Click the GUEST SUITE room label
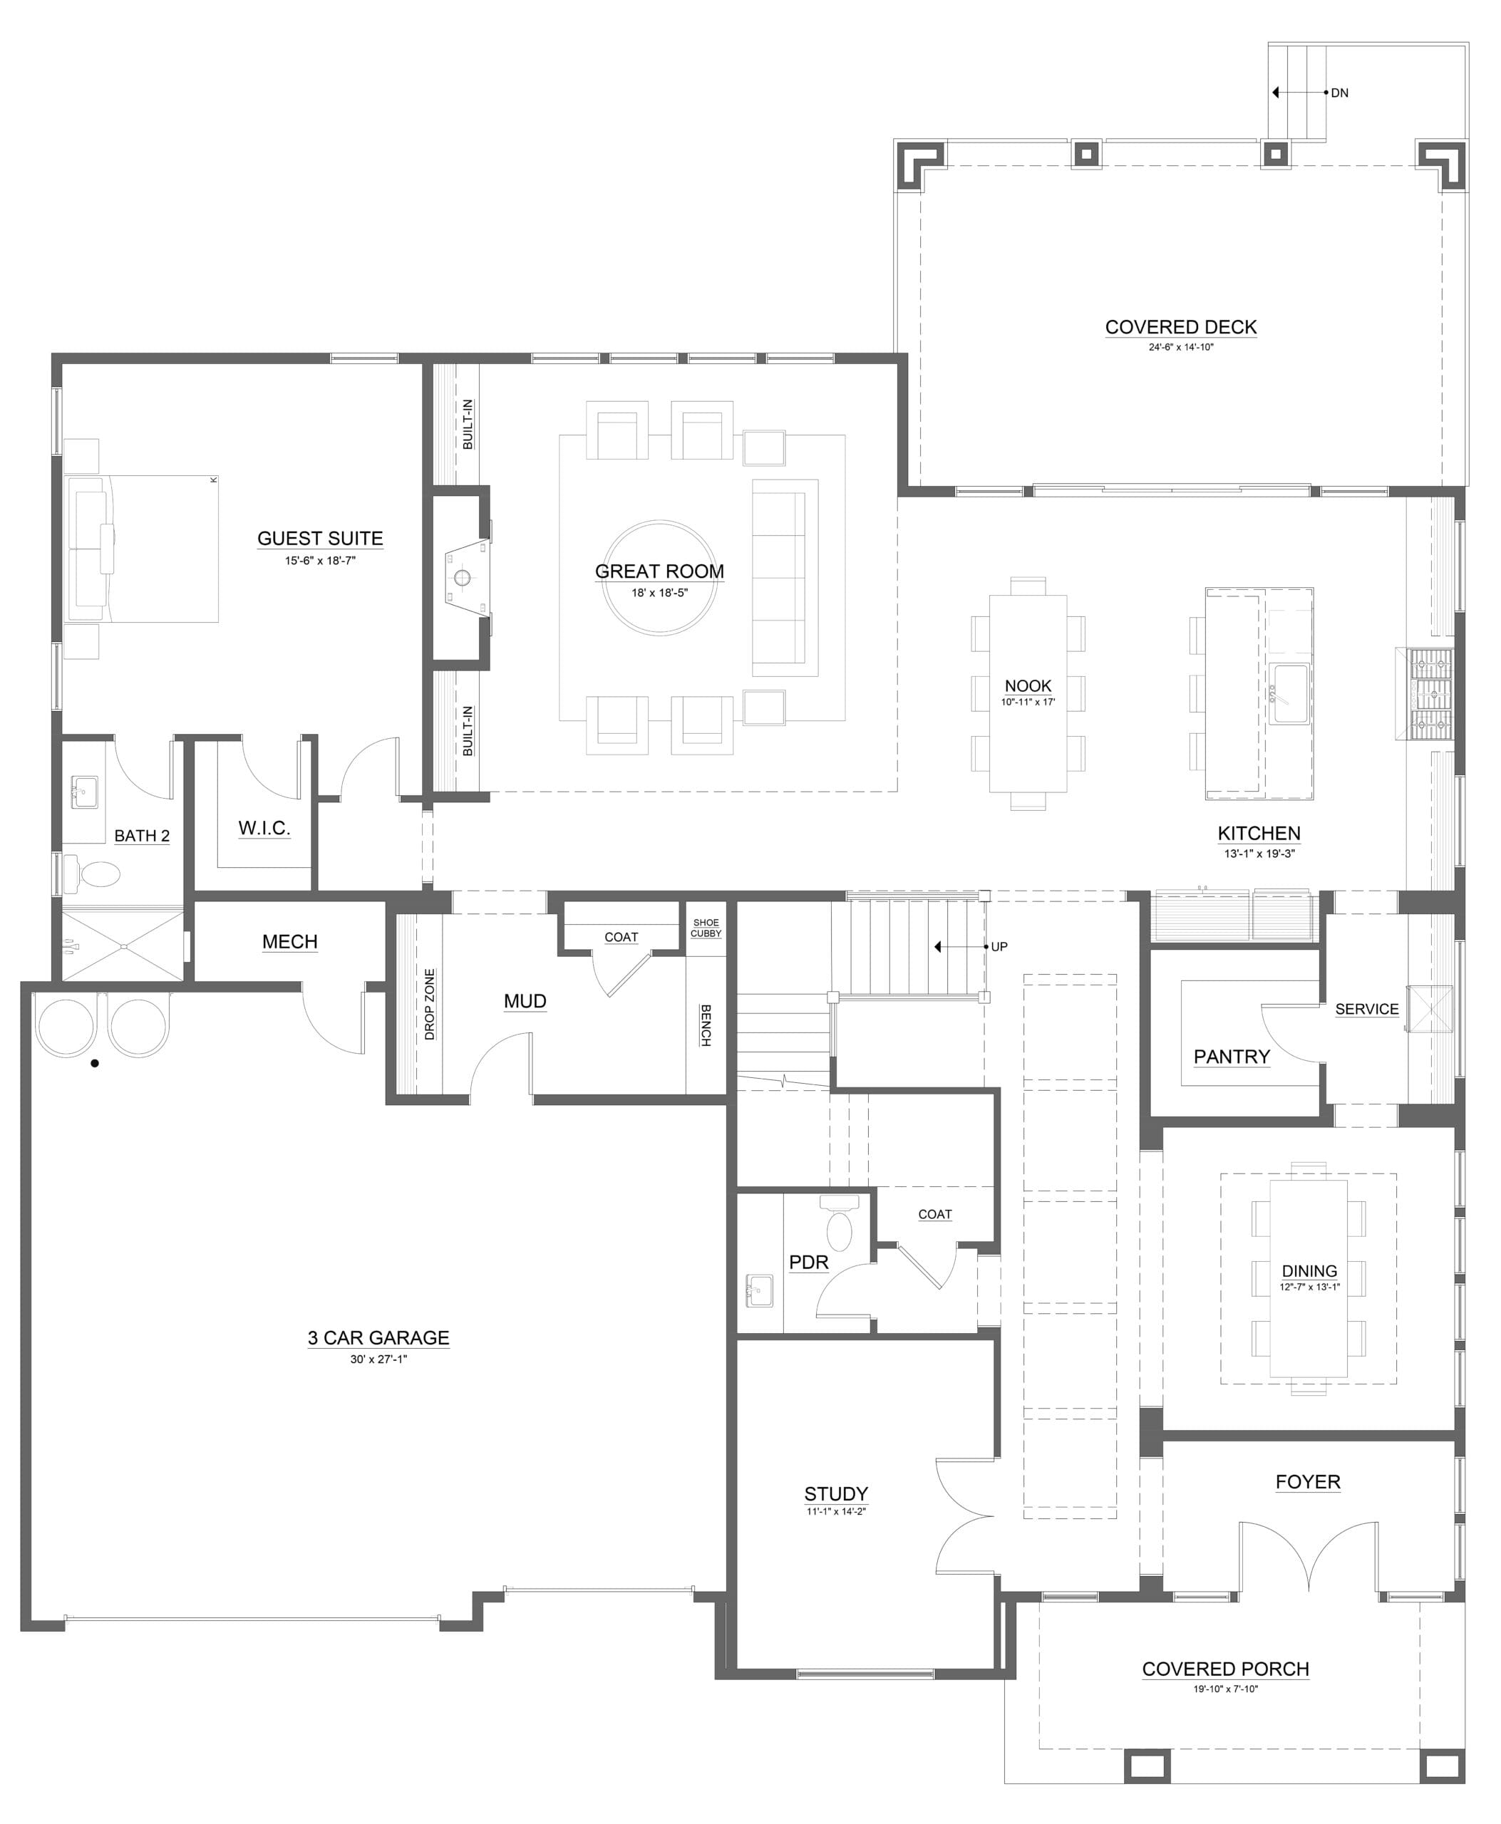[320, 539]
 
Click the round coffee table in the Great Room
[660, 577]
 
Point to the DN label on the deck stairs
[1339, 93]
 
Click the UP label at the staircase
[999, 947]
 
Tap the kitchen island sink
[1289, 694]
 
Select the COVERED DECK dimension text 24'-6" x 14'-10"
[1181, 348]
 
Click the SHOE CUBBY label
[706, 928]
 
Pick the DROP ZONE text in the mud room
[430, 1004]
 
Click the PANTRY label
[1232, 1057]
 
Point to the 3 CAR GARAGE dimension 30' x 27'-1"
[378, 1359]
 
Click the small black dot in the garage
[95, 1063]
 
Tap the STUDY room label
[836, 1494]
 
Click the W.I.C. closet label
[264, 828]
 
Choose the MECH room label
[289, 941]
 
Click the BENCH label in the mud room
[706, 1025]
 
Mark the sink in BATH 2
[84, 791]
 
